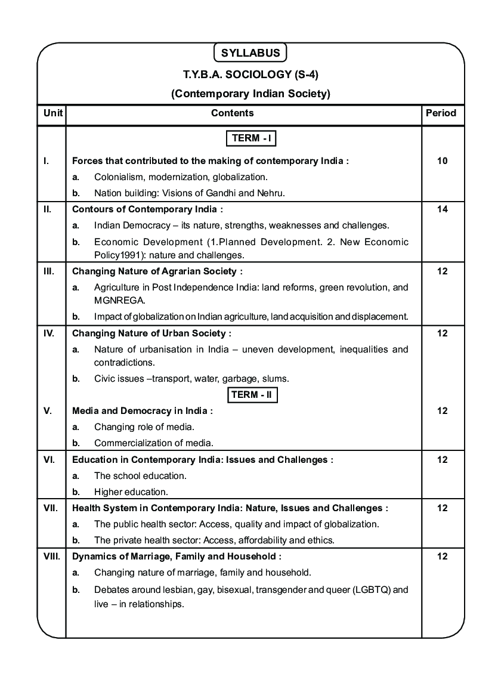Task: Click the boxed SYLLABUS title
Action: pyautogui.click(x=250, y=53)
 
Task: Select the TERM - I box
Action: pyautogui.click(x=251, y=138)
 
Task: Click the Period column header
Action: pyautogui.click(x=441, y=113)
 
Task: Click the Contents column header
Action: pyautogui.click(x=233, y=113)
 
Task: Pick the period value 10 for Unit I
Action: pyautogui.click(x=442, y=160)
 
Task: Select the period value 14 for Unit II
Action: pyautogui.click(x=442, y=209)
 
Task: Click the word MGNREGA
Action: pyautogui.click(x=115, y=301)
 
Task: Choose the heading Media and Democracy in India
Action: pyautogui.click(x=141, y=411)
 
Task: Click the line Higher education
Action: pyautogui.click(x=131, y=492)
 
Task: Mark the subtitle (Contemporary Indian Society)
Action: pyautogui.click(x=250, y=94)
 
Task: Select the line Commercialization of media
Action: pyautogui.click(x=153, y=443)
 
